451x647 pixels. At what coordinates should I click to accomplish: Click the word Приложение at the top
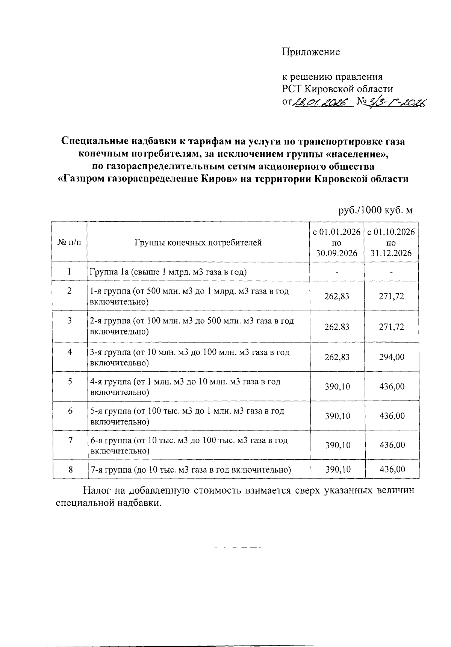tap(311, 52)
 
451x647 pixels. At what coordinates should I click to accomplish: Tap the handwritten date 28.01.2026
tap(322, 102)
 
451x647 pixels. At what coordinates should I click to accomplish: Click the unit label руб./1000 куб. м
tap(375, 210)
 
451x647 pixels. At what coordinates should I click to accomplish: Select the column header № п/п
tap(70, 242)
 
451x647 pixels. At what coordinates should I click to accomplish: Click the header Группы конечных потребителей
tap(198, 242)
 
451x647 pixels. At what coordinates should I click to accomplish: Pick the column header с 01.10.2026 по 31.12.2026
tap(391, 242)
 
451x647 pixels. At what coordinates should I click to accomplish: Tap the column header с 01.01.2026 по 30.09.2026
tap(337, 242)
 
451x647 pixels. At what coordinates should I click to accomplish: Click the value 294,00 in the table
tap(392, 357)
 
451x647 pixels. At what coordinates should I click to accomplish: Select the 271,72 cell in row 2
tap(392, 296)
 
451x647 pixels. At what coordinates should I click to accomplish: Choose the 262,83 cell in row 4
tap(337, 357)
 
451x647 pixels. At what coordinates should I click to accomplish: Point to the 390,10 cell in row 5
tap(337, 386)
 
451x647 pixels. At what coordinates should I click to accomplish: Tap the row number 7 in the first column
tap(70, 440)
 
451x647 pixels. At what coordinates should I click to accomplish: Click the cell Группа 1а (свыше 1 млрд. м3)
tap(168, 272)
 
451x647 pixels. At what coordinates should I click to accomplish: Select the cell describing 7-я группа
tap(191, 470)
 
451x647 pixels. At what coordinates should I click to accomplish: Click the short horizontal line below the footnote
tap(235, 547)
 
